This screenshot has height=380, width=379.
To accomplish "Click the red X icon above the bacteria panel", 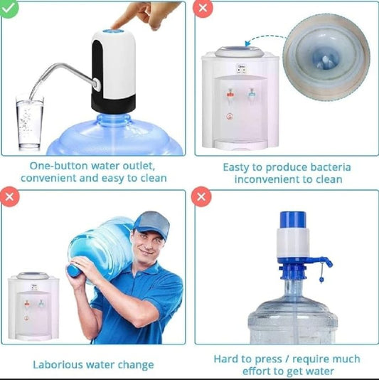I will pyautogui.click(x=203, y=9).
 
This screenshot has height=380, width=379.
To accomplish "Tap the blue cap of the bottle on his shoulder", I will pyautogui.click(x=73, y=270).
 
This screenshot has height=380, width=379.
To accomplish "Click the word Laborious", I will pyautogui.click(x=60, y=365).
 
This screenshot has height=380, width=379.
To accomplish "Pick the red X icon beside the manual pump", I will pyautogui.click(x=203, y=199).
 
